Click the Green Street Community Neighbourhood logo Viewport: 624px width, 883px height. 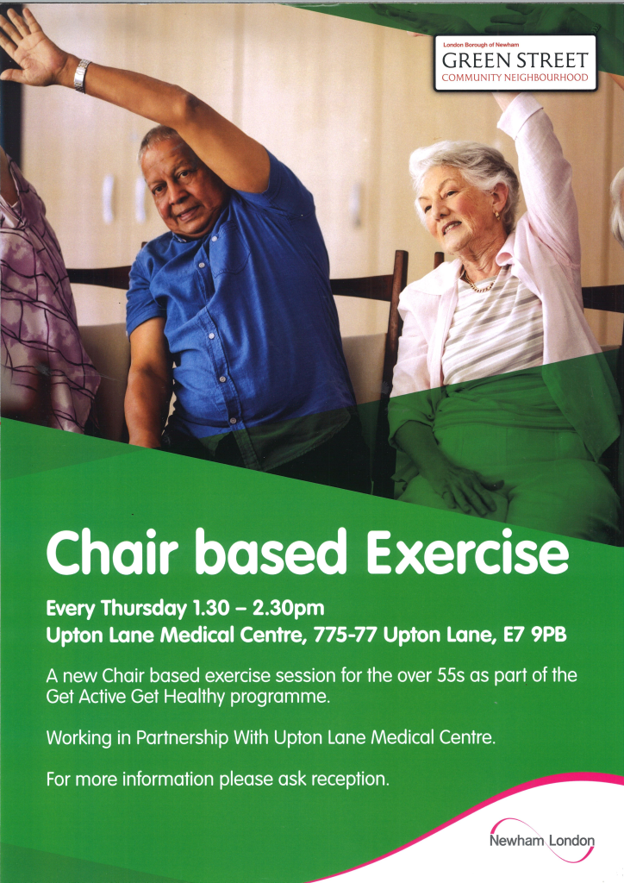pos(515,63)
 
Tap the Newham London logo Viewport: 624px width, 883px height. pos(541,840)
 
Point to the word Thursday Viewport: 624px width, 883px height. pos(144,609)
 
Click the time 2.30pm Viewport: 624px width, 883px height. pos(288,609)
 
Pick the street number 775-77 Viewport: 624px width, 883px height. pos(346,635)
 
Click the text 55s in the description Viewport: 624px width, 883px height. pos(452,675)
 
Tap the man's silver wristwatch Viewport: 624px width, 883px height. pos(82,76)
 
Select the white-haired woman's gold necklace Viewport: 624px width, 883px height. pos(479,283)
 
